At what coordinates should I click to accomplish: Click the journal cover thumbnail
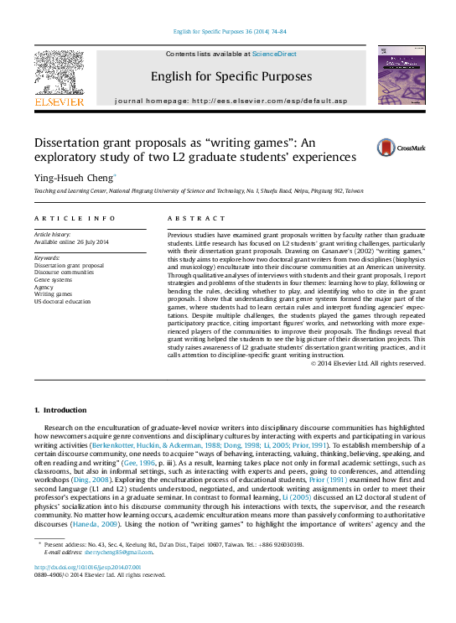click(x=401, y=75)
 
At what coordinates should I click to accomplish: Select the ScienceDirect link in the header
click(x=275, y=54)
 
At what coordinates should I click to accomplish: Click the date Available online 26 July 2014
click(x=71, y=241)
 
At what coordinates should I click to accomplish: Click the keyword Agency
click(x=44, y=287)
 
